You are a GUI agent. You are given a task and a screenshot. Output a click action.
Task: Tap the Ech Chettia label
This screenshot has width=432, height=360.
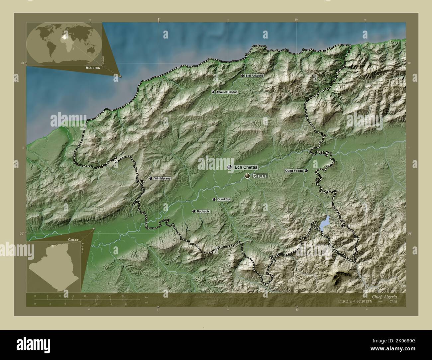[x=246, y=167]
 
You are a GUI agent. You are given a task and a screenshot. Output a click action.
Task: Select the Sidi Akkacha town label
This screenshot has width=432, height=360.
[x=255, y=76]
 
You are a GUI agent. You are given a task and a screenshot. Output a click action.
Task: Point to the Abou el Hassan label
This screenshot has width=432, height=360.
[x=227, y=92]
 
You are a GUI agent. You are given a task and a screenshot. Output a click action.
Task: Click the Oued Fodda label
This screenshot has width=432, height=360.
[x=294, y=171]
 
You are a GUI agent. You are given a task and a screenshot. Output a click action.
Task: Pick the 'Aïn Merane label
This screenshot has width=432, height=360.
[x=162, y=179]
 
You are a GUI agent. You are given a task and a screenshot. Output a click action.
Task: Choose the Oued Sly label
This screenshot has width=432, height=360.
[x=223, y=200]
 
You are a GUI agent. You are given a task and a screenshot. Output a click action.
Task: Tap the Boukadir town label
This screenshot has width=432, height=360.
[x=202, y=211]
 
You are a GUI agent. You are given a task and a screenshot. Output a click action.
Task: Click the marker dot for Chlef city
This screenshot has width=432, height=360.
[x=248, y=176]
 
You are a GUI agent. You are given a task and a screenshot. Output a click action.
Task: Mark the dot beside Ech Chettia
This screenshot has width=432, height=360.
[x=230, y=167]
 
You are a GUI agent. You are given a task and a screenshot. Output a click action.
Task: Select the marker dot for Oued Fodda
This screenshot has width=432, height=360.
[x=306, y=171]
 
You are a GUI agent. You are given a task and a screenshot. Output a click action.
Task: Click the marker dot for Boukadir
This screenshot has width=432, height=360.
[x=194, y=211]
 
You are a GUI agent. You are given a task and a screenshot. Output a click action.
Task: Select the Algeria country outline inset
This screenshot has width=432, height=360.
[x=55, y=266]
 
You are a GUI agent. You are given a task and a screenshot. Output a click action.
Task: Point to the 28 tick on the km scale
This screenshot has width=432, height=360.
[x=123, y=296]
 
